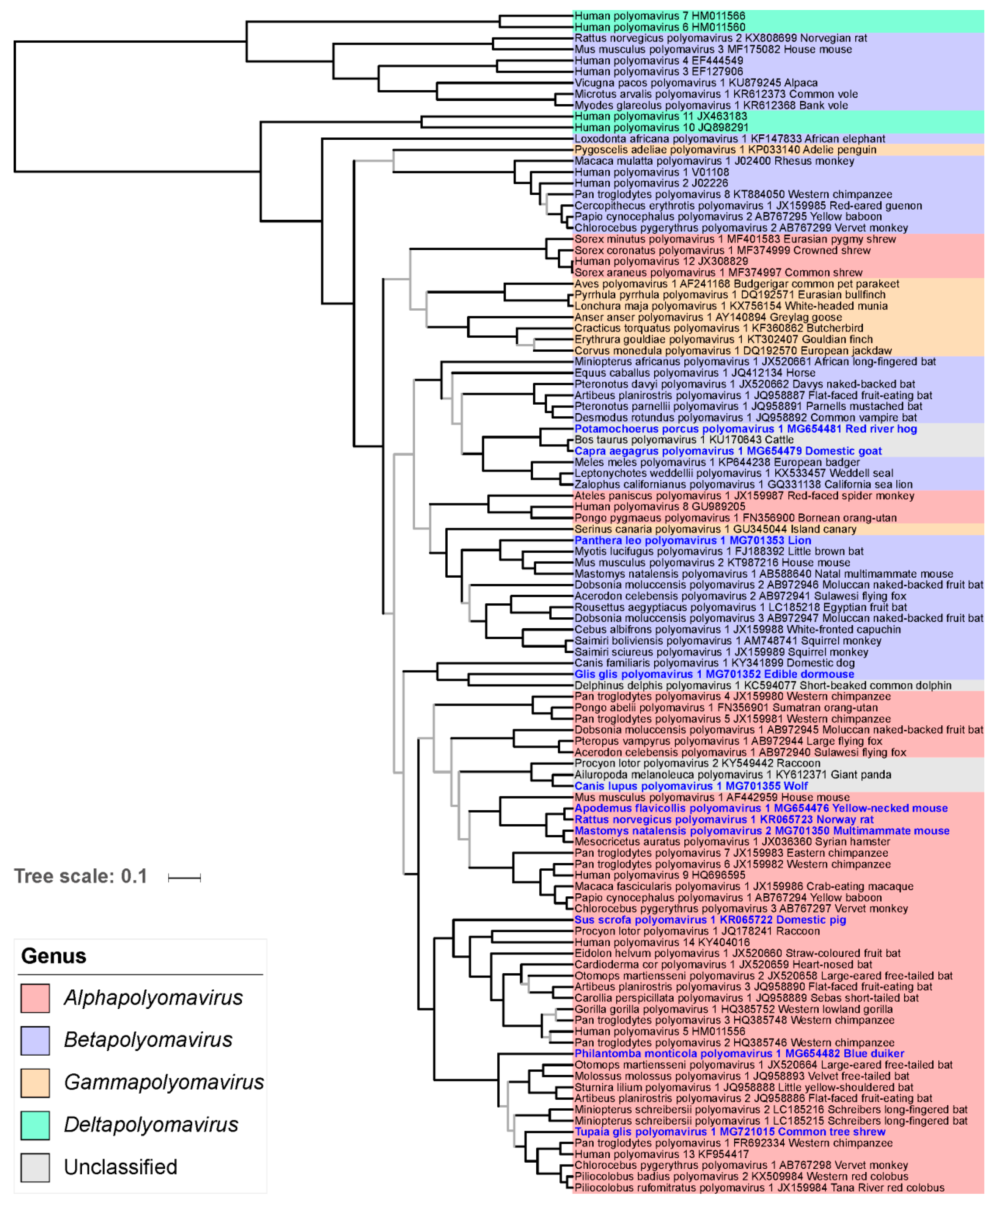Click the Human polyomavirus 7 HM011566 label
pyautogui.click(x=660, y=16)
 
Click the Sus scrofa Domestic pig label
pyautogui.click(x=710, y=920)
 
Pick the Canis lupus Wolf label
pyautogui.click(x=691, y=786)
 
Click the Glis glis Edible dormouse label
pyautogui.click(x=714, y=674)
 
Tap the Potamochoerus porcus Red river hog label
pyautogui.click(x=745, y=429)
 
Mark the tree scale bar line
pyautogui.click(x=184, y=878)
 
